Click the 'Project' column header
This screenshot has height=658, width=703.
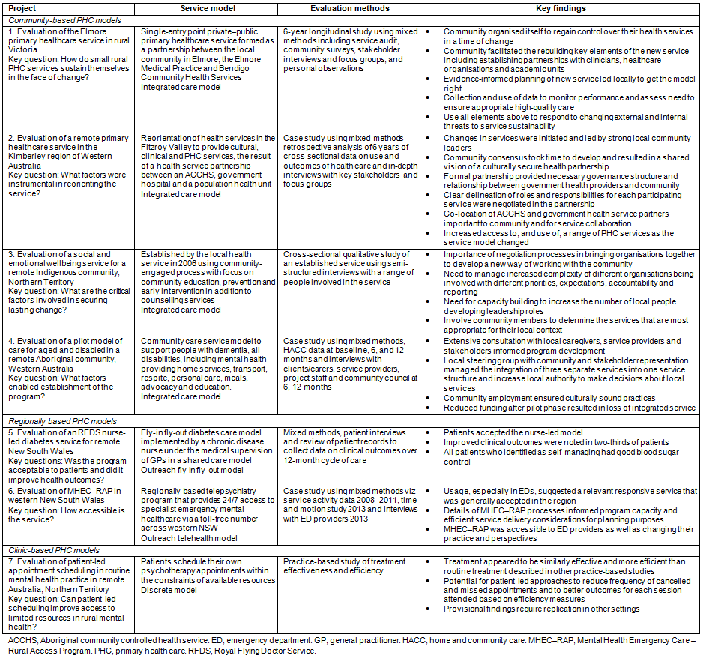(x=22, y=9)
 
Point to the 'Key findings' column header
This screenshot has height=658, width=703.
(x=562, y=9)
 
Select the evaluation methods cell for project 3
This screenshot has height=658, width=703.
(x=351, y=268)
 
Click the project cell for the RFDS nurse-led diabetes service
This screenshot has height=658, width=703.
(x=69, y=450)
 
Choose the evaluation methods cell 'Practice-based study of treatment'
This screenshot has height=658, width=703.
(x=347, y=566)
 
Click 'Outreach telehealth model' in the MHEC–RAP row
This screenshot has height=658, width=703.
(x=189, y=538)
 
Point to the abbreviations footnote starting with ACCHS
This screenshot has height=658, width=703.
(x=351, y=645)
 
